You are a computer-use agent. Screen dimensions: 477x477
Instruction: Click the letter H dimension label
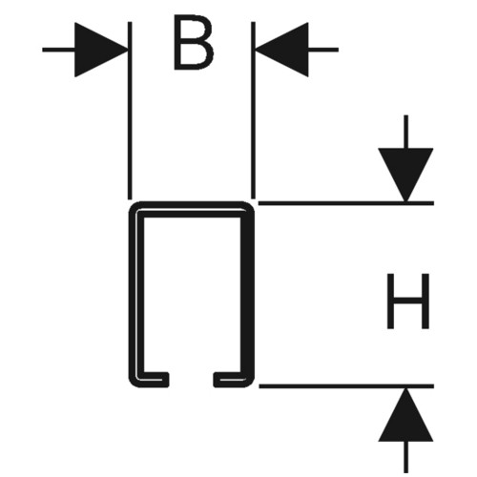[x=408, y=301]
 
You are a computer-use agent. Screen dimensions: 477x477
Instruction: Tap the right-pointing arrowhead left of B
[x=101, y=50]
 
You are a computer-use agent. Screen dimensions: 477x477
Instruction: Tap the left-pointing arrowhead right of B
[x=281, y=50]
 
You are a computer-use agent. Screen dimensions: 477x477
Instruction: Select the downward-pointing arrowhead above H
[x=405, y=175]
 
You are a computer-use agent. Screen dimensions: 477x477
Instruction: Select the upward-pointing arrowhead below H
[x=405, y=414]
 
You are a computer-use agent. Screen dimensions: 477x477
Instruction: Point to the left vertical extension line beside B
[x=130, y=111]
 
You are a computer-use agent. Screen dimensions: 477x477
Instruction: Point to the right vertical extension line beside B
[x=253, y=111]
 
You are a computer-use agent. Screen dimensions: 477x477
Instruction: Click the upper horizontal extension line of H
[x=346, y=203]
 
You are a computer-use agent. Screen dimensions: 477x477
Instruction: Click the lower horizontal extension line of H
[x=346, y=386]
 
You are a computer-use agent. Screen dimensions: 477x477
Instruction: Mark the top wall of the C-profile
[x=192, y=209]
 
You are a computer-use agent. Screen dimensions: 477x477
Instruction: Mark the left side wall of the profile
[x=136, y=294]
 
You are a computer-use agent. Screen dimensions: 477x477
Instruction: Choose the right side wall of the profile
[x=247, y=294]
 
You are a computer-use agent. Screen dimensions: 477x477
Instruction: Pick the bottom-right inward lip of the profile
[x=232, y=380]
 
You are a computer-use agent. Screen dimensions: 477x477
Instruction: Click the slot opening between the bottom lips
[x=191, y=380]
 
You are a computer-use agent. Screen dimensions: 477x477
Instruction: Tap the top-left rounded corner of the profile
[x=133, y=205]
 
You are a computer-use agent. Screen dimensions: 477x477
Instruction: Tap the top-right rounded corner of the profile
[x=251, y=205]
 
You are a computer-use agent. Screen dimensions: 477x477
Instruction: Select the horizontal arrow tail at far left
[x=58, y=50]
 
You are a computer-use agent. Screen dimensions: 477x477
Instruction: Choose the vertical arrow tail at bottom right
[x=405, y=457]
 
